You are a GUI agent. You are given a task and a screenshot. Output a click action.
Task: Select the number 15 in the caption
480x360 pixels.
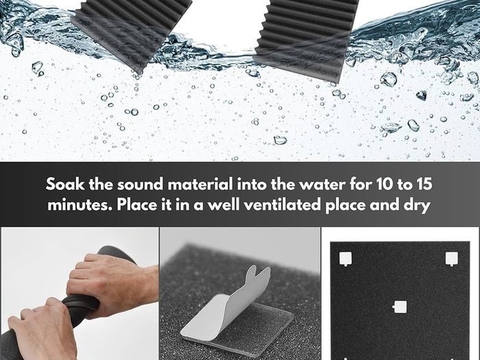pos(424,184)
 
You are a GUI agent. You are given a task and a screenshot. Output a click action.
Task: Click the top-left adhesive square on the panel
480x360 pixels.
pos(346,259)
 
